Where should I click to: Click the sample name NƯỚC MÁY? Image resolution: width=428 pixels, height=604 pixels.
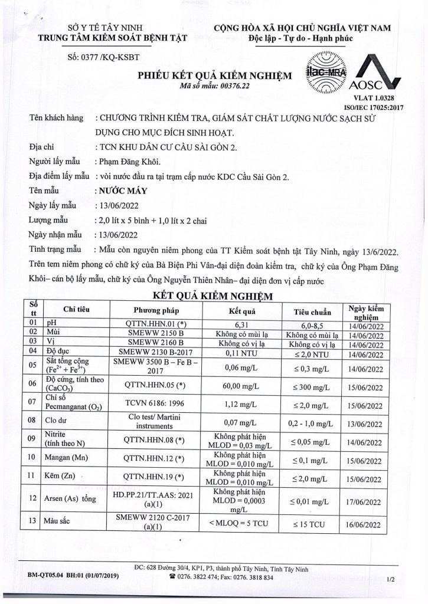(x=120, y=191)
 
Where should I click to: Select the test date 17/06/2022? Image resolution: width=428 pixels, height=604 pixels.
(x=367, y=502)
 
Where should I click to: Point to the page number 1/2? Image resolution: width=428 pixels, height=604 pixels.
(x=390, y=580)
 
